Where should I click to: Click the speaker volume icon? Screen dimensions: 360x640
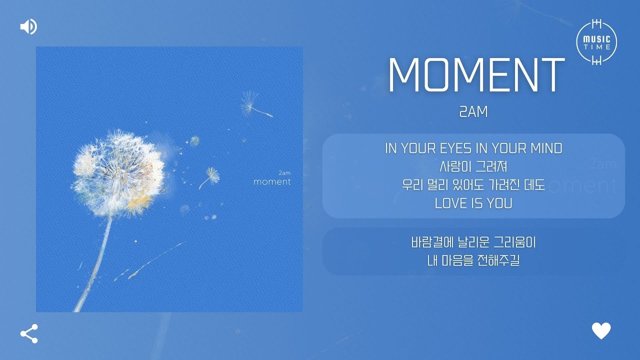pyautogui.click(x=28, y=26)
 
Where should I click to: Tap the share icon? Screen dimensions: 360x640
pyautogui.click(x=29, y=333)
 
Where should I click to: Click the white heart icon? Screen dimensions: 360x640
pyautogui.click(x=601, y=331)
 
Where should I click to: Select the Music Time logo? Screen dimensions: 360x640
pyautogui.click(x=596, y=42)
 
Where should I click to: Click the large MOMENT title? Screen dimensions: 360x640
pyautogui.click(x=475, y=75)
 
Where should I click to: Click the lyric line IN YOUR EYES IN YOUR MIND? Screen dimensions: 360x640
pyautogui.click(x=473, y=148)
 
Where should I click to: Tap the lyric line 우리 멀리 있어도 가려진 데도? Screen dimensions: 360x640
pyautogui.click(x=473, y=185)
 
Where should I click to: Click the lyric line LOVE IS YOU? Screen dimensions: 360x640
pyautogui.click(x=473, y=203)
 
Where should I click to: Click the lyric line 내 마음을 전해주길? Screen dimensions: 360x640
pyautogui.click(x=473, y=260)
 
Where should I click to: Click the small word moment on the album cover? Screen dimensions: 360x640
pyautogui.click(x=272, y=181)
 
